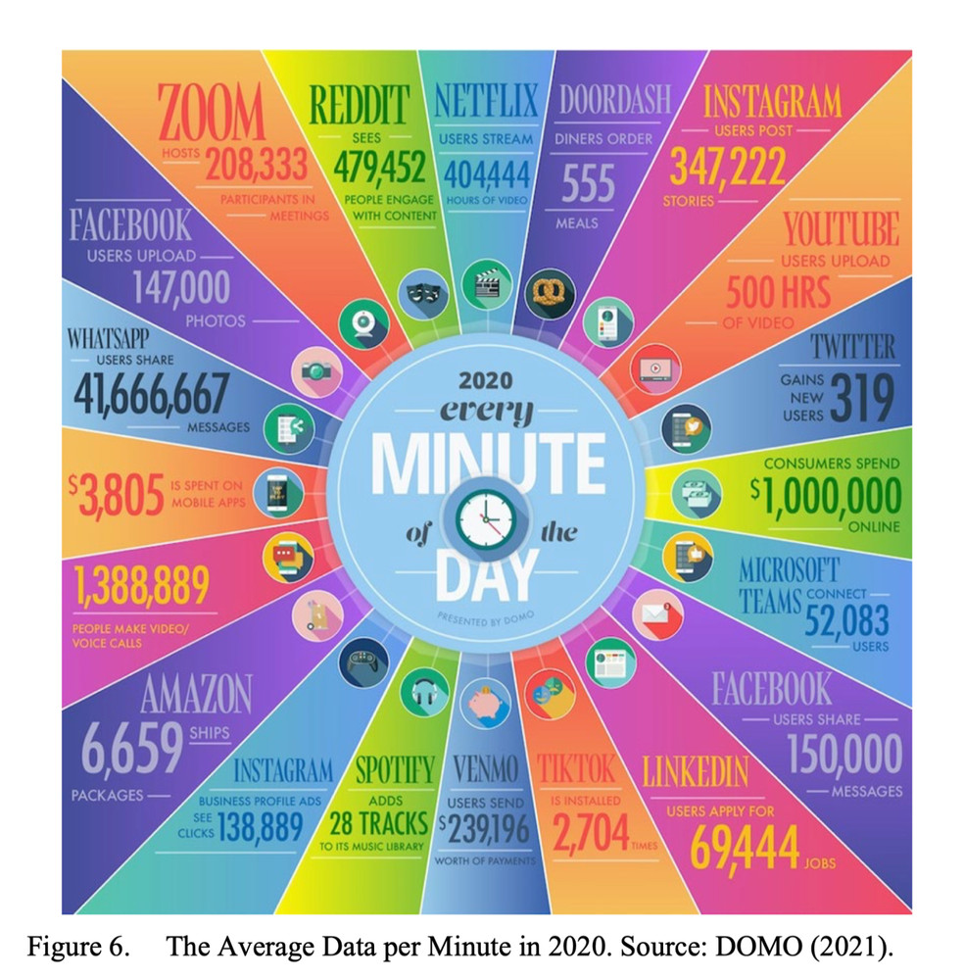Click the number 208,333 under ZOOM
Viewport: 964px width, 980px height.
[x=257, y=168]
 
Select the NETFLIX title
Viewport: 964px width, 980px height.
[x=486, y=102]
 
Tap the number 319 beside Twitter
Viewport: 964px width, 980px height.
[x=862, y=398]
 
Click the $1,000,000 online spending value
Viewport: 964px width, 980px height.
[x=825, y=496]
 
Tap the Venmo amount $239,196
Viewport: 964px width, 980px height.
[x=487, y=831]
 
